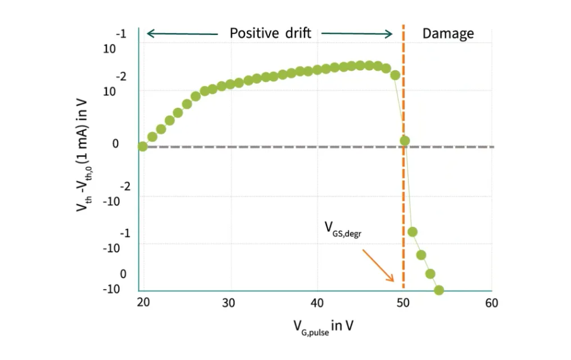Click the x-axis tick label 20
[142, 302]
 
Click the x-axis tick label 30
[230, 302]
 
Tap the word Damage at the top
[448, 33]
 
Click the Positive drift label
[270, 33]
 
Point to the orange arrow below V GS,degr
[378, 264]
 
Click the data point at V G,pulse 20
[142, 146]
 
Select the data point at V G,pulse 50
[405, 141]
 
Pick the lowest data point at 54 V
[439, 290]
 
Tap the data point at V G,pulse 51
[413, 232]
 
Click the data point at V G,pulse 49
[395, 75]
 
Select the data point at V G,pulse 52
[421, 255]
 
